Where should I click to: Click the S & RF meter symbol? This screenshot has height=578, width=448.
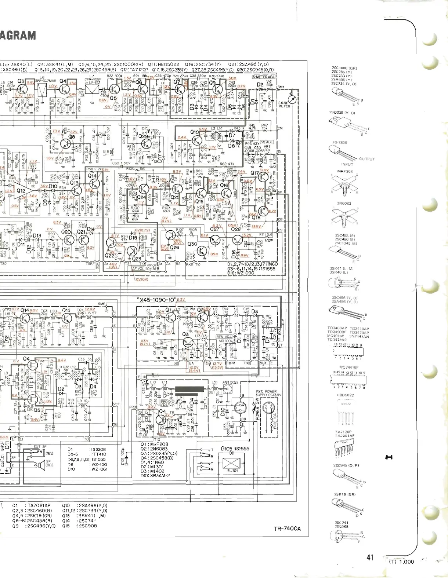pyautogui.click(x=293, y=99)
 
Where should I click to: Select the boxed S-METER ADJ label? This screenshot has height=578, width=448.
pyautogui.click(x=263, y=77)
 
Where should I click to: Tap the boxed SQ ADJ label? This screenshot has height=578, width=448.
pyautogui.click(x=267, y=142)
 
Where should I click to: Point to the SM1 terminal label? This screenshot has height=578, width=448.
pyautogui.click(x=281, y=87)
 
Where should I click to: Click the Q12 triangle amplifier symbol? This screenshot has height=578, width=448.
pyautogui.click(x=22, y=191)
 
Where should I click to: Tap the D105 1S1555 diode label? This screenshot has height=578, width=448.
pyautogui.click(x=235, y=449)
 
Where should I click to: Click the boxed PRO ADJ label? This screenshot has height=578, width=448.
pyautogui.click(x=164, y=403)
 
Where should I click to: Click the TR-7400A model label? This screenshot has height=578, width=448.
pyautogui.click(x=287, y=528)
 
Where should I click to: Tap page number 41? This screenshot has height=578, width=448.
pyautogui.click(x=370, y=557)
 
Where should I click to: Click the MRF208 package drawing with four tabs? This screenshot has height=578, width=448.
pyautogui.click(x=344, y=183)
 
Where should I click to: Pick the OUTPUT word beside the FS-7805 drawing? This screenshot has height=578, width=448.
pyautogui.click(x=367, y=159)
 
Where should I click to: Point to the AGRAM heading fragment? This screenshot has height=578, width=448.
pyautogui.click(x=18, y=36)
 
